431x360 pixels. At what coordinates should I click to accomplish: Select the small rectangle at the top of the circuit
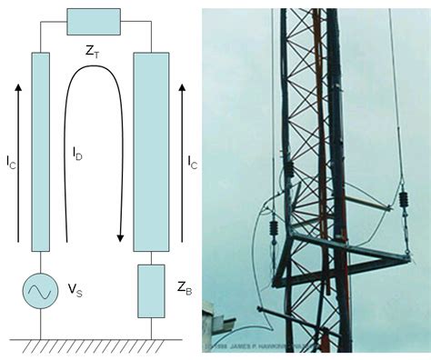(x=94, y=21)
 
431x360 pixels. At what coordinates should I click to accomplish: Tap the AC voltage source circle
(x=39, y=293)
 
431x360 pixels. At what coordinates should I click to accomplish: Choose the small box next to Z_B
(x=150, y=291)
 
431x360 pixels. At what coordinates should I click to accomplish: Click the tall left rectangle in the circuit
(x=39, y=151)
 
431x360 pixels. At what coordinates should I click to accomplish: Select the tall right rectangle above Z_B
(x=150, y=151)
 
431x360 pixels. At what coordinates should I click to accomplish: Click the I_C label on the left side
(x=11, y=164)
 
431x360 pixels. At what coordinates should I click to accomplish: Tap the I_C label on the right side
(x=192, y=164)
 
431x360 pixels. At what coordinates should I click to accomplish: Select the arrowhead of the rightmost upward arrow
(x=183, y=85)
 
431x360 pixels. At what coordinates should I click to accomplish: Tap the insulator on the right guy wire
(x=399, y=200)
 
